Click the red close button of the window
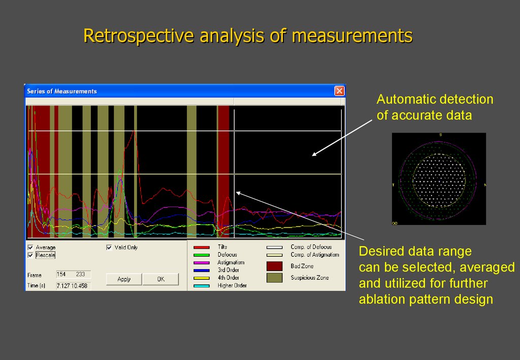(x=339, y=91)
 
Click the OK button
(x=160, y=279)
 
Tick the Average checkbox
(x=30, y=247)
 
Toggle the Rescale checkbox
(x=30, y=255)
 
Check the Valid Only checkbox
(x=109, y=247)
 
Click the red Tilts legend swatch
(x=202, y=247)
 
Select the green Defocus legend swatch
(x=202, y=255)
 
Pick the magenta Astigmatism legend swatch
(x=202, y=263)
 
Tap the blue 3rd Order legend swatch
(x=202, y=270)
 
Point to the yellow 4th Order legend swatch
(x=202, y=278)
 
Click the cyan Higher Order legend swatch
(x=202, y=285)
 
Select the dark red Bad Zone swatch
(x=274, y=266)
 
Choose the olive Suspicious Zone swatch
(x=274, y=278)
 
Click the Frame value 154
(x=61, y=274)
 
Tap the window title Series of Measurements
(x=62, y=91)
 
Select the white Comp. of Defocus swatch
(x=275, y=247)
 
